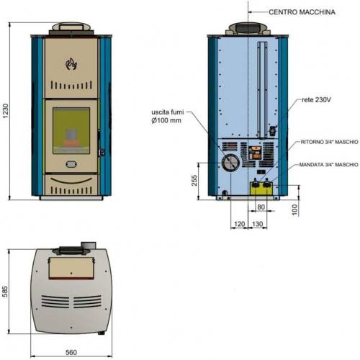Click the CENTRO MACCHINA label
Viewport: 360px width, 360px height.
pos(302,12)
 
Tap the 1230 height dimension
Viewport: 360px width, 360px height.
pos(5,111)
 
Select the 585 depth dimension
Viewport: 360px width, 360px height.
pos(5,292)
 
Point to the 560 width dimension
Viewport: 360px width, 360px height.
pos(71,352)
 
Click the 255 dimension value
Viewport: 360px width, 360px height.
pos(194,181)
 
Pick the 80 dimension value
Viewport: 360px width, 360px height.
pos(261,207)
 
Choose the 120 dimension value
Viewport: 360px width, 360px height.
pos(239,224)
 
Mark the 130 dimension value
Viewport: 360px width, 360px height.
pos(258,224)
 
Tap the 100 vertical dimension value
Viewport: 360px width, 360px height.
pos(295,210)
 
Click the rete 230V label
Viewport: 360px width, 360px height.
pos(316,99)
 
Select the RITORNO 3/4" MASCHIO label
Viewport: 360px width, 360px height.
pos(329,142)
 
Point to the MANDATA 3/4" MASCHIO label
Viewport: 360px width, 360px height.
pos(328,165)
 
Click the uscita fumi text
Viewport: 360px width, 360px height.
pos(168,112)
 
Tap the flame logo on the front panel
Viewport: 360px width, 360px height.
pos(71,63)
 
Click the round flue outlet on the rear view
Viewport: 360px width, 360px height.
pos(230,163)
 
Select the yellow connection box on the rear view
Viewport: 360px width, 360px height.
pos(261,189)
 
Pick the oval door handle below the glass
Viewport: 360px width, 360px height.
pos(71,164)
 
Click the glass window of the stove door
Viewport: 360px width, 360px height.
pos(71,131)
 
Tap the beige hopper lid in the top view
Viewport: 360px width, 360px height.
pos(71,268)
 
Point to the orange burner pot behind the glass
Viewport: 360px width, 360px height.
pos(71,143)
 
